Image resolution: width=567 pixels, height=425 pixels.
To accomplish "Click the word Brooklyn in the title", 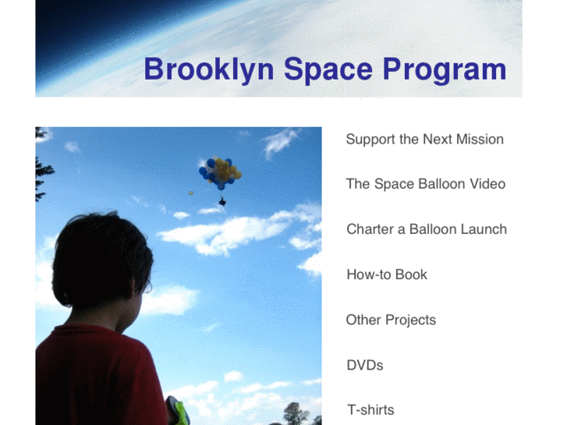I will [x=208, y=69].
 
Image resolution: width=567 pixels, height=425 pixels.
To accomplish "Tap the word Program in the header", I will [x=444, y=69].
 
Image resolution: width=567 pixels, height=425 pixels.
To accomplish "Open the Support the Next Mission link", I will [x=424, y=140].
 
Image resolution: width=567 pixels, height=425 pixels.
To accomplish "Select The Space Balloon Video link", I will [x=425, y=184].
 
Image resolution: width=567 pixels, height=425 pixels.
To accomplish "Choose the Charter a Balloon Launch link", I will [x=426, y=229].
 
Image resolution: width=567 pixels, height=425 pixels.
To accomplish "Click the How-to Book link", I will [x=386, y=274].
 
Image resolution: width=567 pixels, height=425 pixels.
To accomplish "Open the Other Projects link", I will [x=390, y=320].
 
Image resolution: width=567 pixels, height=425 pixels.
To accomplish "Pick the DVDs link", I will [x=364, y=365].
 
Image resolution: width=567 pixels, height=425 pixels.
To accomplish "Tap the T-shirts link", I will [x=370, y=410].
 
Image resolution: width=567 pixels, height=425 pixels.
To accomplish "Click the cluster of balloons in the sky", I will [x=220, y=172].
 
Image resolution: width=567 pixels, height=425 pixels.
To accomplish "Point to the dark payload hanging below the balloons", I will [x=222, y=202].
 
